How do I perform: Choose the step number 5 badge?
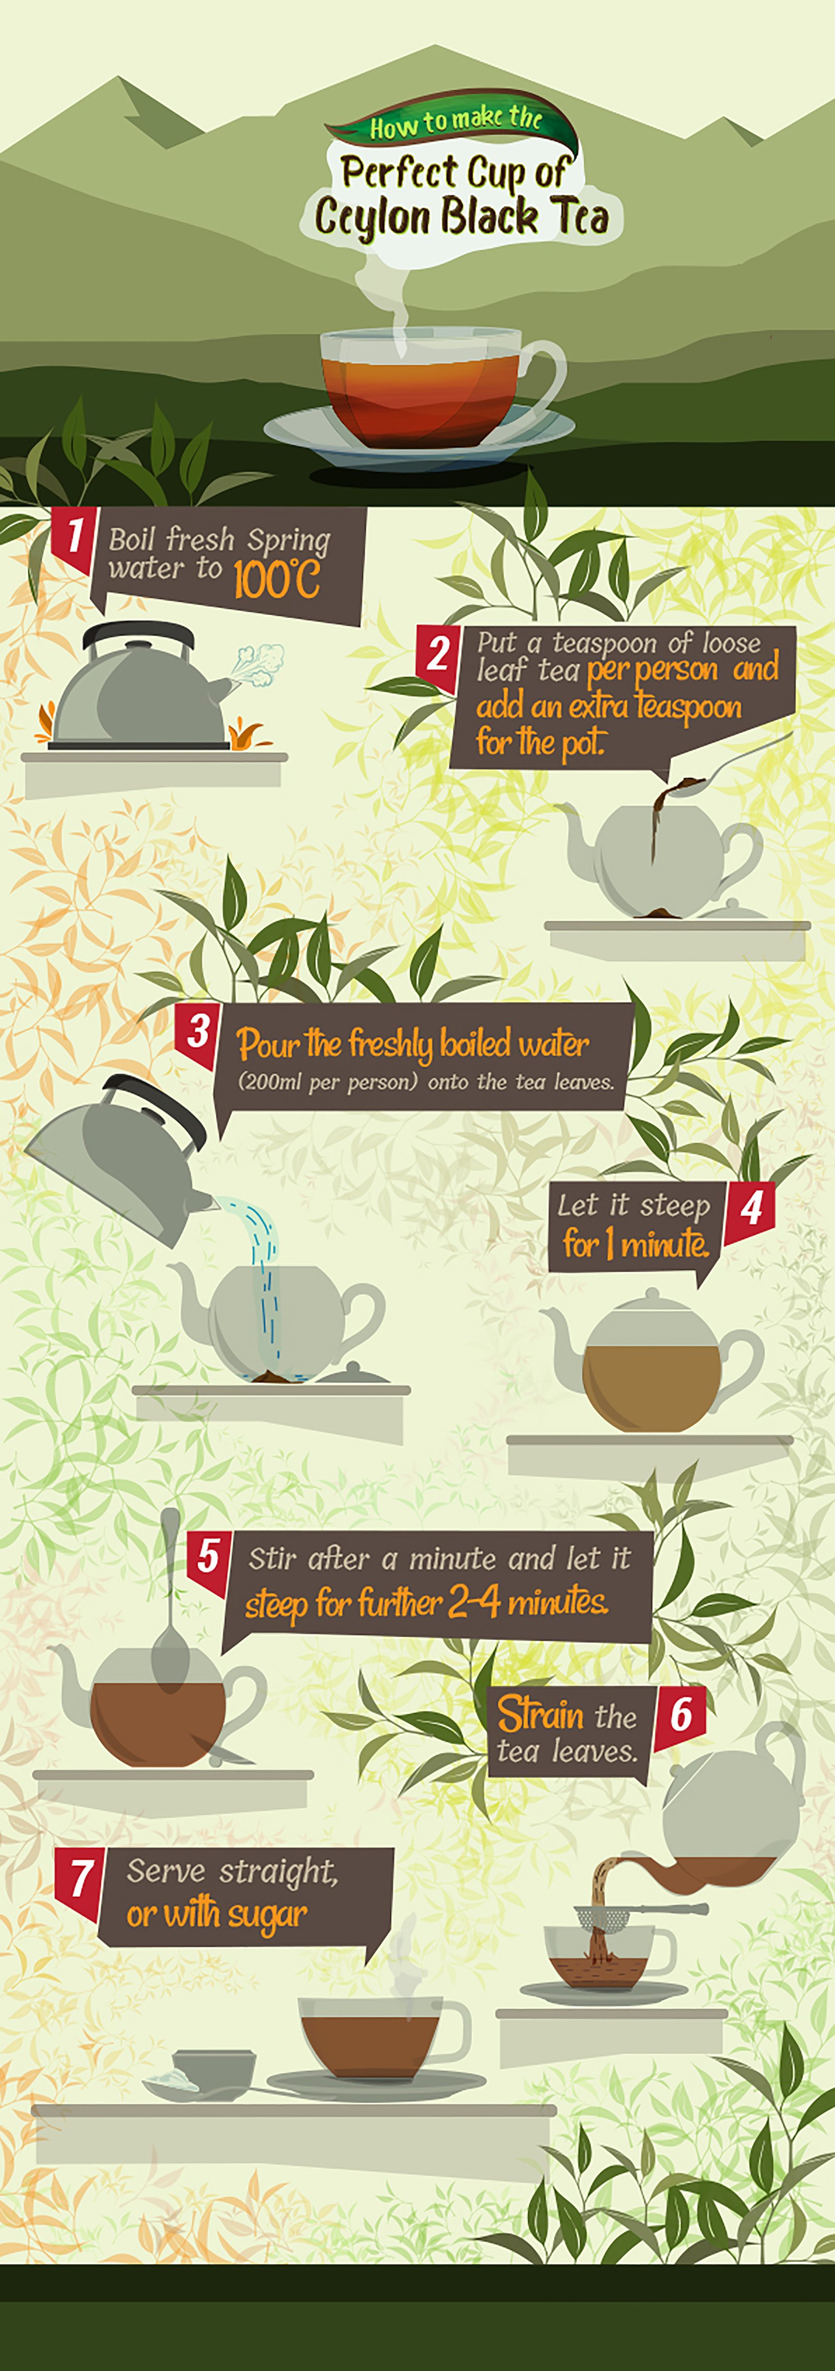pyautogui.click(x=209, y=1559)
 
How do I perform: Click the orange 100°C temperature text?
pyautogui.click(x=276, y=580)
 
